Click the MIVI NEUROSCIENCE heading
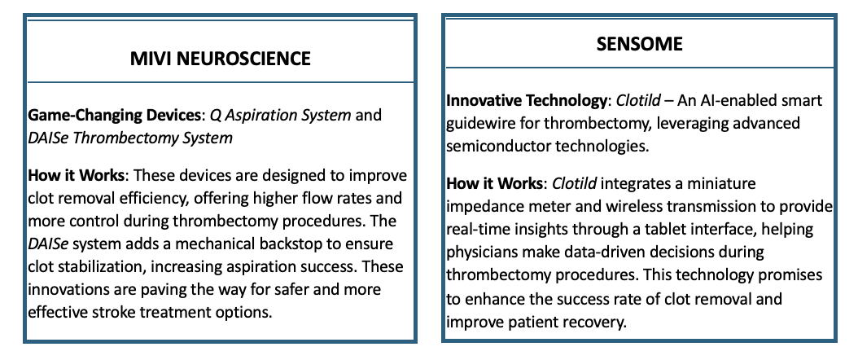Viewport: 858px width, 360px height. pyautogui.click(x=220, y=59)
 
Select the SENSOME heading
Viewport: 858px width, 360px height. pyautogui.click(x=640, y=44)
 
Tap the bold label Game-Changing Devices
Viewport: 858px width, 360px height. pyautogui.click(x=114, y=116)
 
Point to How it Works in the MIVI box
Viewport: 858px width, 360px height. pyautogui.click(x=76, y=176)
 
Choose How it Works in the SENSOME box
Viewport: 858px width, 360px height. pyautogui.click(x=494, y=183)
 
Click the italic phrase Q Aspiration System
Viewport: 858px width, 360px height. pyautogui.click(x=281, y=116)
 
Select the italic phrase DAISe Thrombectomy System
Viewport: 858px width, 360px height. pyautogui.click(x=130, y=138)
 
